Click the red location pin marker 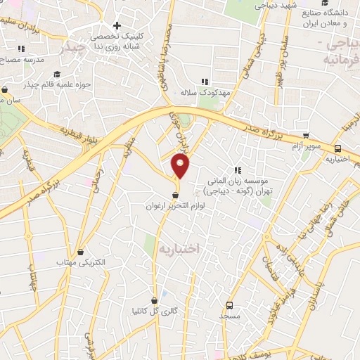point(181,166)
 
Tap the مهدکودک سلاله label point(204,92)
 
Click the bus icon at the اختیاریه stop point(339,148)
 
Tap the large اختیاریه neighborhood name point(180,248)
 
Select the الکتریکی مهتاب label point(81,262)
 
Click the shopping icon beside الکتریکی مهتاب point(81,251)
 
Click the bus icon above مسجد point(229,305)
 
